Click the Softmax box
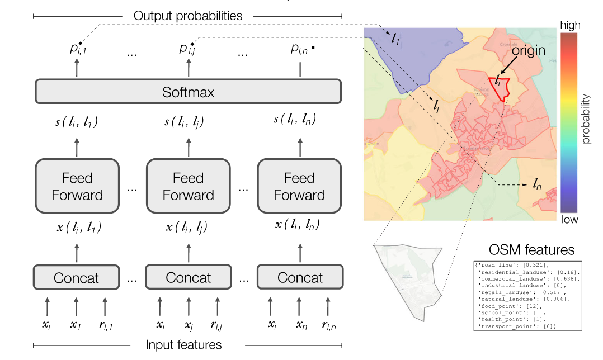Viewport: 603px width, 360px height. (188, 91)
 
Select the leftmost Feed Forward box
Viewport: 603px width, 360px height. (77, 187)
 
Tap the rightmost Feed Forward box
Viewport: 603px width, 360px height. (299, 187)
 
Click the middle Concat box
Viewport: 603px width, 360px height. (188, 277)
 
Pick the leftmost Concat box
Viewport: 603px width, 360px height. (77, 277)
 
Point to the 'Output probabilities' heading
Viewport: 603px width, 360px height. (188, 16)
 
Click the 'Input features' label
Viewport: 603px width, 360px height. (188, 345)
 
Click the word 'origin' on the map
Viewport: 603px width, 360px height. (529, 50)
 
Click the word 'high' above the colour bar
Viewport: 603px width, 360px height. (570, 25)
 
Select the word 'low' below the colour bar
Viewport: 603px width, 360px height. (570, 220)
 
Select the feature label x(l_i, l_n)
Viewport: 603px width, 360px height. (299, 225)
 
